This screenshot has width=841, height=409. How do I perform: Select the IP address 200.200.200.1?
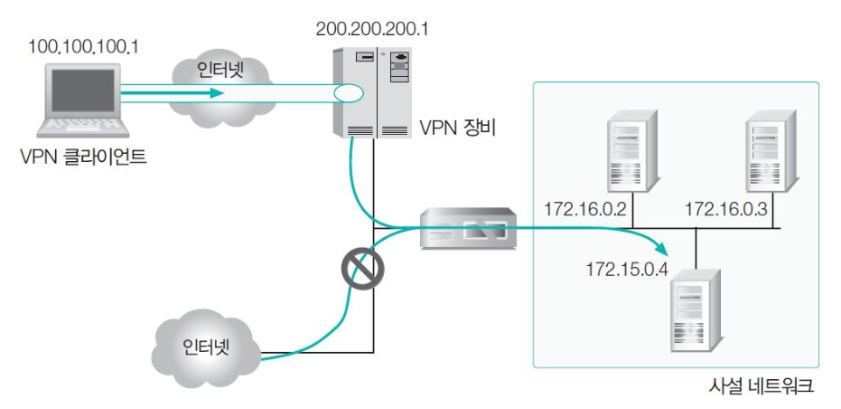371,29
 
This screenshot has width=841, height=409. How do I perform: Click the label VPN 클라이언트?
83,157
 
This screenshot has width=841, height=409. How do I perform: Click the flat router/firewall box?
468,230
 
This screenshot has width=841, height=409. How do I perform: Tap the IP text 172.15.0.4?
626,270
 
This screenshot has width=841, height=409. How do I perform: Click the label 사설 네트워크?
762,387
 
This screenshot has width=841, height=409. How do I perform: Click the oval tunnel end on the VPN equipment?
347,92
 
